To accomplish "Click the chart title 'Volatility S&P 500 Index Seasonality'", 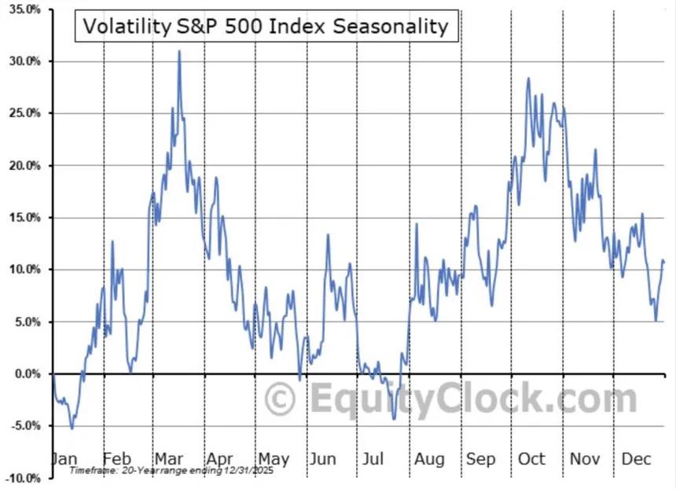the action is tap(266, 26).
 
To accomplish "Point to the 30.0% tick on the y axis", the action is tap(25, 61).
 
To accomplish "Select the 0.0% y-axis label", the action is tap(28, 374).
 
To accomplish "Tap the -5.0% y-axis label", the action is tap(25, 426).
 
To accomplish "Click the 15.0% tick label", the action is tap(25, 217).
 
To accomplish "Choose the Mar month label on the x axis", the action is tap(169, 459).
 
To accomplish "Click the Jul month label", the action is tap(373, 459).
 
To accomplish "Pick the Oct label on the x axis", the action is tap(531, 459).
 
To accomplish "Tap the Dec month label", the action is tap(637, 459).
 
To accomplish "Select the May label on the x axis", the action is tap(274, 460).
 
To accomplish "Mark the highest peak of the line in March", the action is tap(179, 51).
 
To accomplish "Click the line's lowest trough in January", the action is tap(72, 428).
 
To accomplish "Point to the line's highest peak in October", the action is tap(528, 79).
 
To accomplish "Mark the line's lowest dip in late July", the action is tap(394, 419).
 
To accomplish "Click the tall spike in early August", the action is tap(417, 224).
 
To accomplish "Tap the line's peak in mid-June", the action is tap(328, 234).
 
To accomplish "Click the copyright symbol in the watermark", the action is tap(280, 399).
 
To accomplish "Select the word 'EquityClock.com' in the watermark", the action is tap(473, 399).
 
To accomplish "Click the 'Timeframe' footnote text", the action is tap(171, 470).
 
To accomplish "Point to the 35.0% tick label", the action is tap(25, 9).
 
